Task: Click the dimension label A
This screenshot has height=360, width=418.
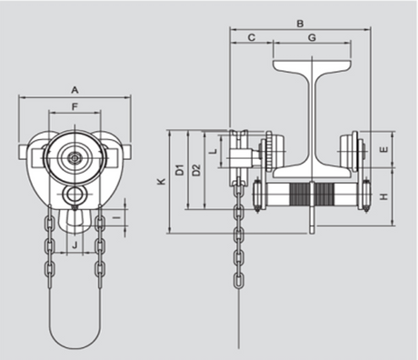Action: coord(75,90)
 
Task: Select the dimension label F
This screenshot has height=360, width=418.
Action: coord(75,106)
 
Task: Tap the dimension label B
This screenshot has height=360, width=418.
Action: coord(300,24)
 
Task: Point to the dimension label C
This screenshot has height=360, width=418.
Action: coord(252,37)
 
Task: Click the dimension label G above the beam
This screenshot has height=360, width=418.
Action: coord(312,37)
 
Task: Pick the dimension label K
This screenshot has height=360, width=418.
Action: coord(162,181)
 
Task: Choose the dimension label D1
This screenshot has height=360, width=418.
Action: coord(180,170)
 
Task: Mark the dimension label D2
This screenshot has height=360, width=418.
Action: coord(196,170)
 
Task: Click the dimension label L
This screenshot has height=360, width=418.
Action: coord(214,151)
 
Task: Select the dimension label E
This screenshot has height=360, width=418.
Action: coord(383,149)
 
